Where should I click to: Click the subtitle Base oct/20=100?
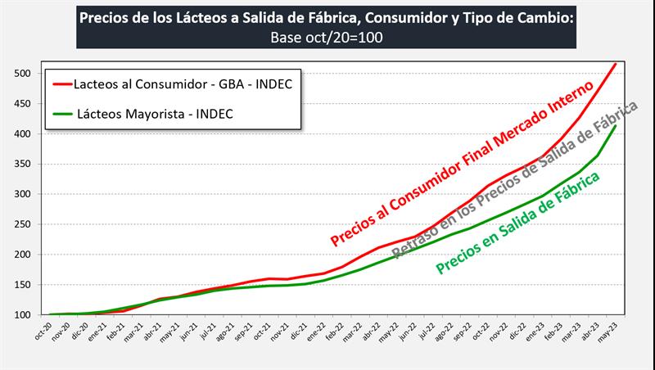[326, 37]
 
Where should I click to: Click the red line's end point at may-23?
[616, 63]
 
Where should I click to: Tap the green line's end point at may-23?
[616, 125]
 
